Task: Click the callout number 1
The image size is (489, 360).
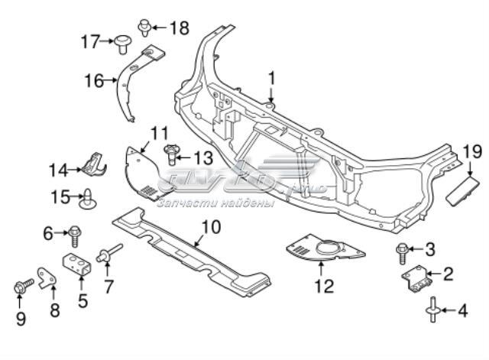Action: point(271,78)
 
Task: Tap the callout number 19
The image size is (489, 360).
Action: point(471,151)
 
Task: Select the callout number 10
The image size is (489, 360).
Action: point(210,226)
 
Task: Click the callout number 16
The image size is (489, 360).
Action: point(94,79)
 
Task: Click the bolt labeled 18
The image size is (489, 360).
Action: point(144,29)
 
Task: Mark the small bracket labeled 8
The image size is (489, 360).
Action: point(48,280)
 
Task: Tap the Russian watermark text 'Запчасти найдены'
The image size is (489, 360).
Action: point(215,203)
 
